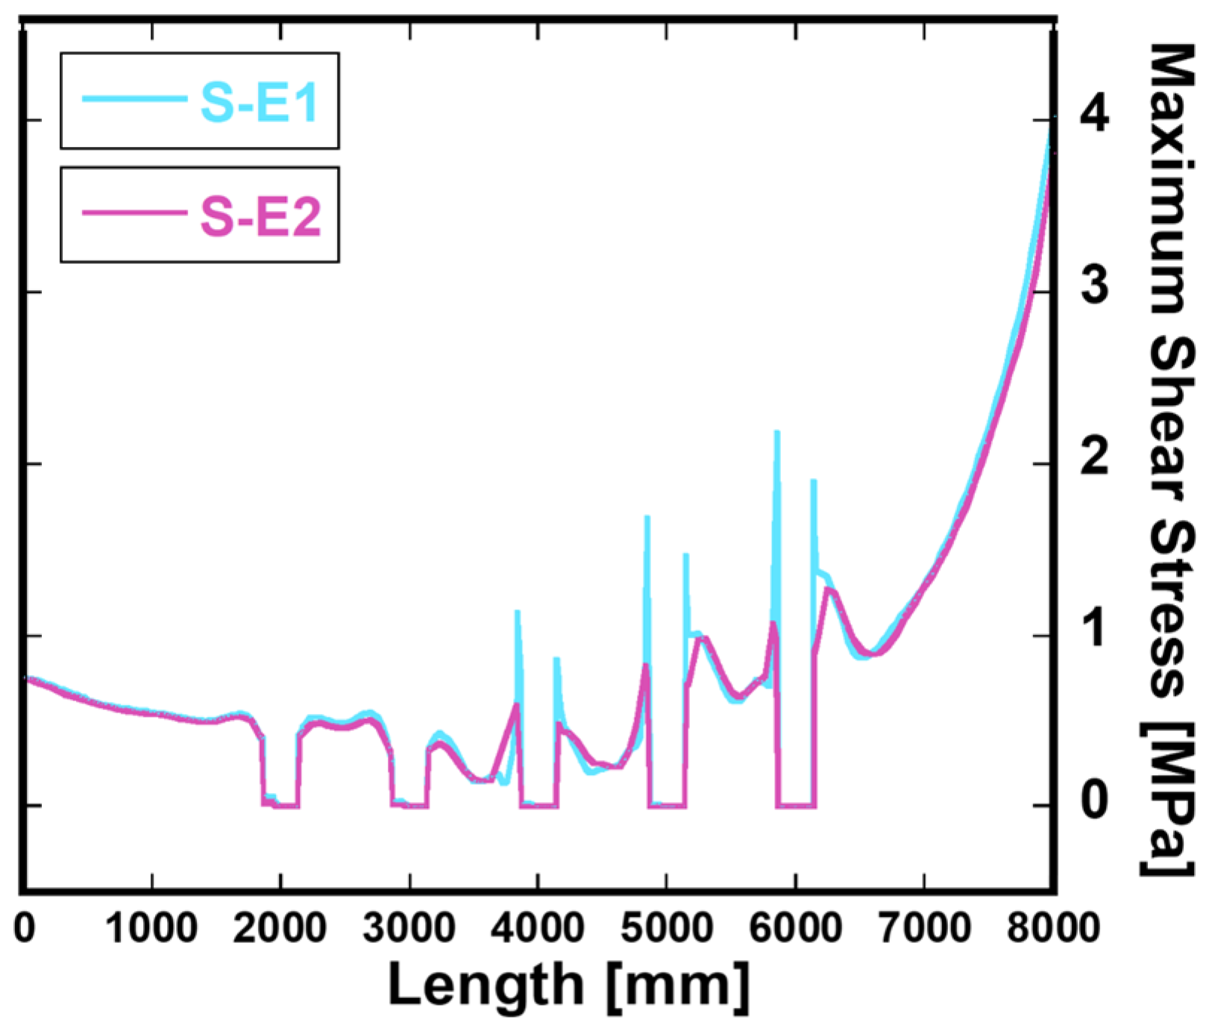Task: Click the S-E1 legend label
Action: tap(260, 102)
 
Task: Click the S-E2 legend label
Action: tap(261, 217)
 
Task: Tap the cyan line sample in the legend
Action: tap(134, 98)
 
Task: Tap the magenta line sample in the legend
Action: tap(134, 213)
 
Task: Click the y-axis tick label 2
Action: tap(1094, 457)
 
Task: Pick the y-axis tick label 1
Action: tap(1094, 629)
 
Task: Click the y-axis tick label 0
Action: tap(1094, 800)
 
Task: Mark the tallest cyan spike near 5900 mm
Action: tap(776, 433)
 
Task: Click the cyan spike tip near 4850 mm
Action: tap(647, 518)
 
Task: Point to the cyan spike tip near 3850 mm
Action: tap(517, 612)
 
